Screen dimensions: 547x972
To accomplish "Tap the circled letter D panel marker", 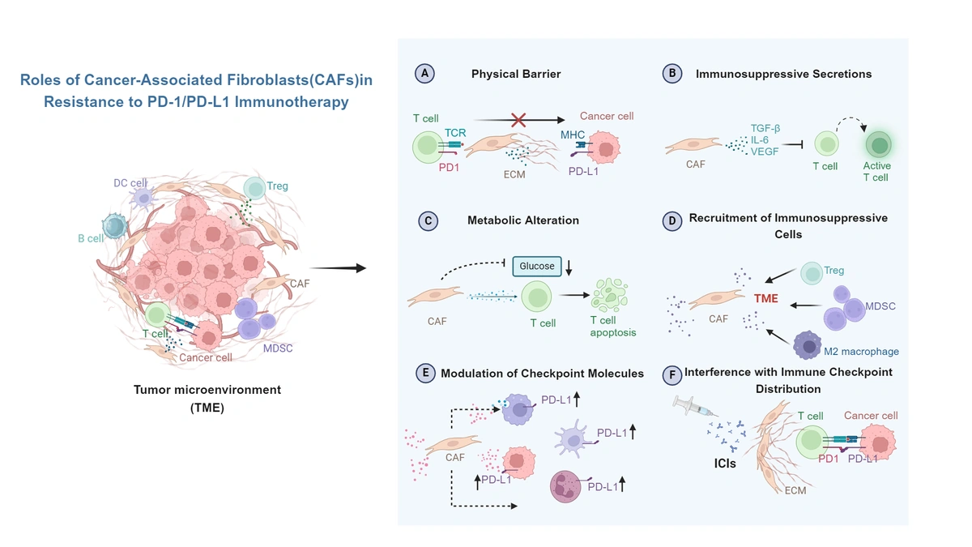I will (671, 220).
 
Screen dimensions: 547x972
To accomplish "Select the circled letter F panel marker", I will (671, 374).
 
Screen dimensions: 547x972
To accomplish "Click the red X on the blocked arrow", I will (519, 120).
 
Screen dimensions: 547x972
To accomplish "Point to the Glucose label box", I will (537, 266).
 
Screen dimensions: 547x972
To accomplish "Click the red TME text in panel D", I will (765, 299).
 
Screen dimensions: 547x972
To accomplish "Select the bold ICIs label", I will (719, 464).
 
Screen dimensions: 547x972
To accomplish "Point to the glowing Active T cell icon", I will (878, 146).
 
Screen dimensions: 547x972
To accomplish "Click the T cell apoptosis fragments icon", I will (612, 296).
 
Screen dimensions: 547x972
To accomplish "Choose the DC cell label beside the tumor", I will (130, 184).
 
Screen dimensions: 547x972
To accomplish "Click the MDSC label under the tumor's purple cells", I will (278, 348).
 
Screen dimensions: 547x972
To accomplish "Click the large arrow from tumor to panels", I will (338, 268).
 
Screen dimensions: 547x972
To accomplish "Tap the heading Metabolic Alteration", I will (523, 220).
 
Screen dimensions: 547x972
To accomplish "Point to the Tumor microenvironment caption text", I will (207, 390).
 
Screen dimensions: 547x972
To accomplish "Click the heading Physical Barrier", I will (516, 74).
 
